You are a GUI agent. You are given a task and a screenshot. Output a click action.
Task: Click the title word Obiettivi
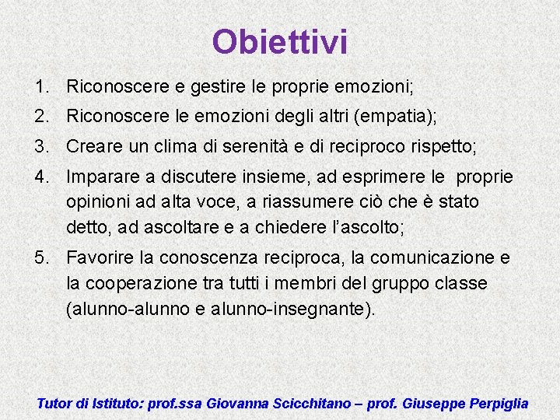point(279,42)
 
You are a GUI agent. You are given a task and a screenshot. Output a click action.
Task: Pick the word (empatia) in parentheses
point(394,117)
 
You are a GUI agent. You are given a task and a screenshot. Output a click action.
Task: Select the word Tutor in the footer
point(54,404)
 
